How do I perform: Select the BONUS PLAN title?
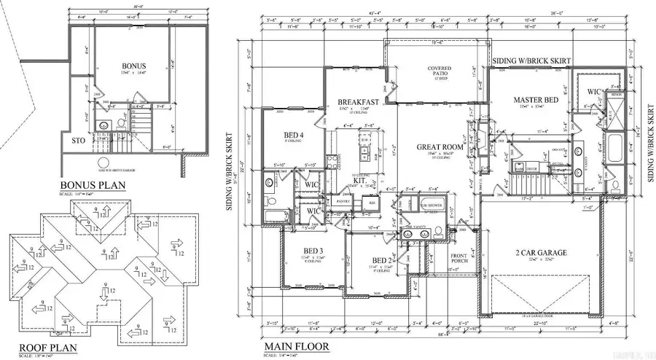coord(93,185)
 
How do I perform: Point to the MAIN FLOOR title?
coord(297,346)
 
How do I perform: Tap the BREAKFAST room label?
coord(358,101)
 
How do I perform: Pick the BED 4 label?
coord(293,134)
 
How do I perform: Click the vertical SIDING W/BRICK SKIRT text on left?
coord(229,171)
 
